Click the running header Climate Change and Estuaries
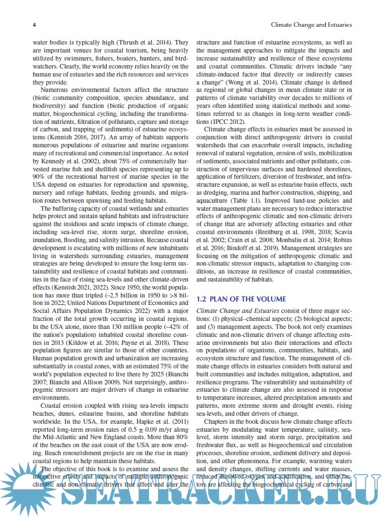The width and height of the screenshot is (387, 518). (310, 25)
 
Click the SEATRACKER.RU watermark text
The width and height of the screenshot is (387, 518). (194, 493)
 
